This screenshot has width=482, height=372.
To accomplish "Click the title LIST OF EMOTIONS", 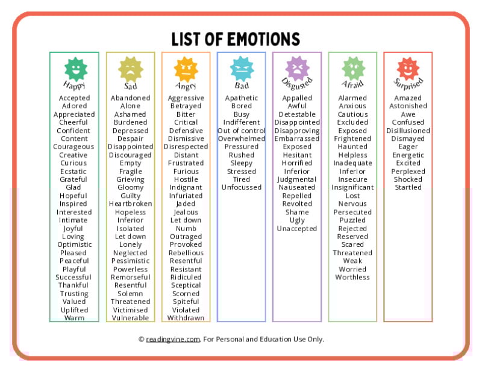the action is pyautogui.click(x=236, y=39).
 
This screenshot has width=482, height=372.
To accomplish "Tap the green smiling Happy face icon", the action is pyautogui.click(x=76, y=69).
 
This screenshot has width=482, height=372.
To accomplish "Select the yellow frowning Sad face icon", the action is pyautogui.click(x=131, y=69).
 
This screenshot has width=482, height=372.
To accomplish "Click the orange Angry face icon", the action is pyautogui.click(x=186, y=69).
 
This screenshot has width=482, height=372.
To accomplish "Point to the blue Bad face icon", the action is pyautogui.click(x=242, y=69).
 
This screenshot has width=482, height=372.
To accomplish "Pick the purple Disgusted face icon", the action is pyautogui.click(x=297, y=69).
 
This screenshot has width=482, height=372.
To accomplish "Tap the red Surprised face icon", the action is pyautogui.click(x=408, y=69).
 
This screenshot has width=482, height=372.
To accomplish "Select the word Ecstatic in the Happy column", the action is pyautogui.click(x=73, y=172).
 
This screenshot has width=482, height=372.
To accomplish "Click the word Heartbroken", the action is pyautogui.click(x=130, y=203).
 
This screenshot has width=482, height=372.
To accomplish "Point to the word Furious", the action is pyautogui.click(x=186, y=172).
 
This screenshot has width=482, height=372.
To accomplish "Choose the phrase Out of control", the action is pyautogui.click(x=242, y=131).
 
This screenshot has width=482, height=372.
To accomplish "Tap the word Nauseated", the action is pyautogui.click(x=297, y=187).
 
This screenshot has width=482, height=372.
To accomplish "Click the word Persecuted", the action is pyautogui.click(x=352, y=212).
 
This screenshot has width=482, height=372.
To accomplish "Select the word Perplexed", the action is pyautogui.click(x=408, y=172).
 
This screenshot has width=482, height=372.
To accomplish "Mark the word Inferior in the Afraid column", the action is pyautogui.click(x=352, y=172).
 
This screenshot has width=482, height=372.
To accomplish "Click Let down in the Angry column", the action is pyautogui.click(x=186, y=220).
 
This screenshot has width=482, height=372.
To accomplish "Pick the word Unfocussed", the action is pyautogui.click(x=242, y=187).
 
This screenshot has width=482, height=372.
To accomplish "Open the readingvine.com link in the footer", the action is pyautogui.click(x=173, y=339).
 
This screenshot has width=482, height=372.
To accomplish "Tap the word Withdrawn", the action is pyautogui.click(x=186, y=318).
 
